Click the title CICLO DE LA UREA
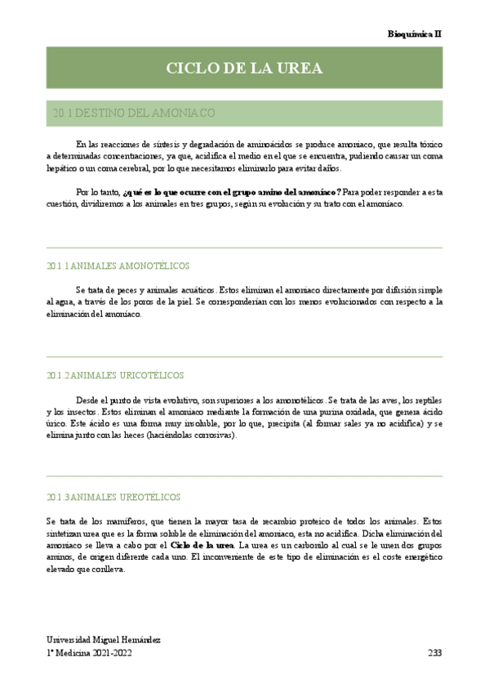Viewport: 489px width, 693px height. pos(244,68)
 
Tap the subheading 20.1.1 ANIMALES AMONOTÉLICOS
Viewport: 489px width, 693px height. pos(118,266)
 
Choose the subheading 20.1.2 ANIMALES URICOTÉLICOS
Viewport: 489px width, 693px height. pos(115,375)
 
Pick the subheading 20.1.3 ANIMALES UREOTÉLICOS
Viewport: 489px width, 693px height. pos(113,496)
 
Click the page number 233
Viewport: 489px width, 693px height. pos(434,653)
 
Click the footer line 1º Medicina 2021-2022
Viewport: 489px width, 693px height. pos(88,653)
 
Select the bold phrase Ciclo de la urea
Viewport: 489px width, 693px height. pos(202,544)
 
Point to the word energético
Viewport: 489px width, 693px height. pos(420,557)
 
